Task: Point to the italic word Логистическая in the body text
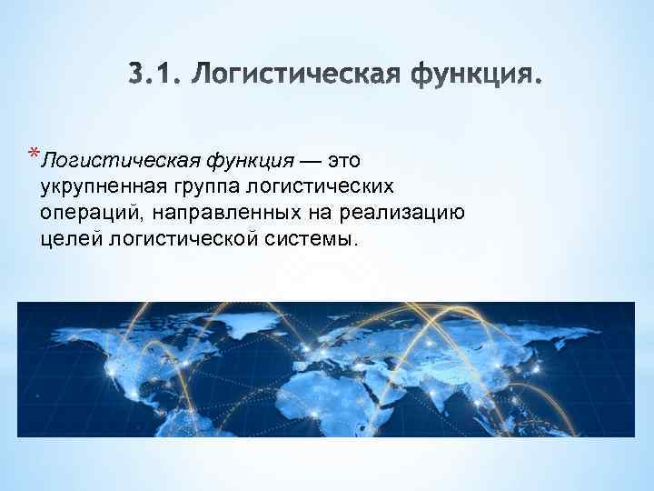pos(119,162)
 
